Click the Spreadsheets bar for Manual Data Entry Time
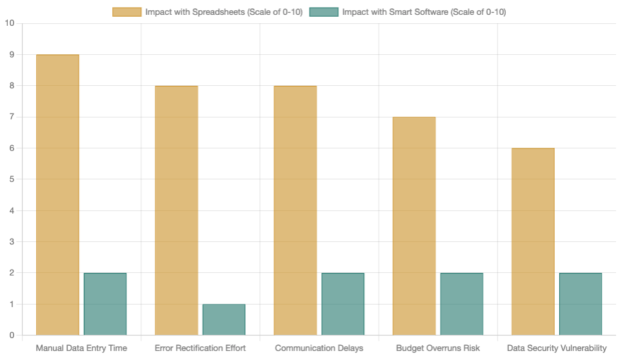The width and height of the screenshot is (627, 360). [x=57, y=195]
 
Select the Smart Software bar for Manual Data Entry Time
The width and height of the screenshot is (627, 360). [x=105, y=304]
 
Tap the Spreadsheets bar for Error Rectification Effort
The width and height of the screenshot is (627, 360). [x=176, y=210]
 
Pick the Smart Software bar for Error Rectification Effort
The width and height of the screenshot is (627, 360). [x=224, y=319]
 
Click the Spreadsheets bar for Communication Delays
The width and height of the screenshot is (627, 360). [x=295, y=210]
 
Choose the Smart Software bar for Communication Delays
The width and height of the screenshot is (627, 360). [x=343, y=304]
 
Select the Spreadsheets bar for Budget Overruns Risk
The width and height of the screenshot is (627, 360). [x=413, y=226]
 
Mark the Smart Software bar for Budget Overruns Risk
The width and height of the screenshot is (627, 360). [x=461, y=304]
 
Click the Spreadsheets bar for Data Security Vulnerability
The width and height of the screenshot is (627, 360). [x=533, y=241]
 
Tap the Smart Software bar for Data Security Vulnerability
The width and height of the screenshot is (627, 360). [x=581, y=304]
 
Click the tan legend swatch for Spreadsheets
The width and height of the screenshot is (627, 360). [x=127, y=12]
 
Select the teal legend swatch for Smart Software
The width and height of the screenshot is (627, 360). [x=324, y=12]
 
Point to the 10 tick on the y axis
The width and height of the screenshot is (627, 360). [x=9, y=24]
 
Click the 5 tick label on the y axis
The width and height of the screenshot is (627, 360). [x=12, y=179]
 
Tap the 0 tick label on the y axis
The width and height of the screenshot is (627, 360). [x=12, y=335]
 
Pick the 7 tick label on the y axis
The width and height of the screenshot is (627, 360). [x=12, y=117]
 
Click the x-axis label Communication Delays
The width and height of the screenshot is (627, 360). [x=319, y=348]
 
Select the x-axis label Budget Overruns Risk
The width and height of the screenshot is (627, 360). [x=437, y=348]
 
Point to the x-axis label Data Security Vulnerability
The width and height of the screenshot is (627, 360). [x=557, y=348]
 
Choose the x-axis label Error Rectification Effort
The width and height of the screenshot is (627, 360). [x=200, y=348]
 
